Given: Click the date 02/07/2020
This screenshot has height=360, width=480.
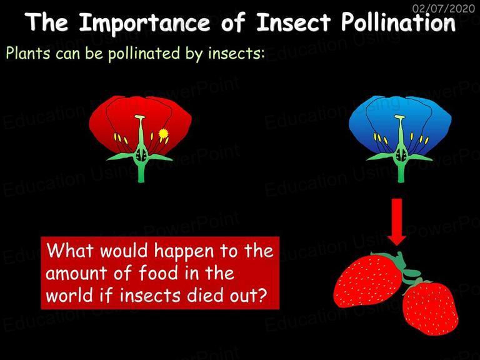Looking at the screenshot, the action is [x=444, y=8].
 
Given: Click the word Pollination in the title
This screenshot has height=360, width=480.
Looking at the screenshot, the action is [x=398, y=22].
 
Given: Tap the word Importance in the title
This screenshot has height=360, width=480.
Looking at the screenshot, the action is [x=144, y=23].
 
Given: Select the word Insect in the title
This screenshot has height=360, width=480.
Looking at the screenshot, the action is [x=294, y=22].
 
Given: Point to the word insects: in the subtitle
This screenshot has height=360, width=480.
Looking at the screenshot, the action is [x=236, y=53].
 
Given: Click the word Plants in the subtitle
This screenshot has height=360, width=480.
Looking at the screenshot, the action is [x=28, y=53].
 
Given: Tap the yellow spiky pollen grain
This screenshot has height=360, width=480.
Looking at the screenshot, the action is [x=164, y=134].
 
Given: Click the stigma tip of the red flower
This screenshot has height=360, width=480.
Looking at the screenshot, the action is [x=140, y=117].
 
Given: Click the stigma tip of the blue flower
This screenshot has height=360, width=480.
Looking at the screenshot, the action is [x=400, y=117].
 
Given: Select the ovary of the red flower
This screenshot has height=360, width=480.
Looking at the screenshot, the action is [x=141, y=154].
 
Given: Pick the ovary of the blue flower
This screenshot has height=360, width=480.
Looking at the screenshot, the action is [x=401, y=154].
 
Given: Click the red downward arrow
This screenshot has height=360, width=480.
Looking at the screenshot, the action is [x=397, y=222].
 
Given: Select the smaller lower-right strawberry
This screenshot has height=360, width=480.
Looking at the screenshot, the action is [x=431, y=308].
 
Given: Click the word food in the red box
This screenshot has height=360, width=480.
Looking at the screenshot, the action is [x=158, y=272].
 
